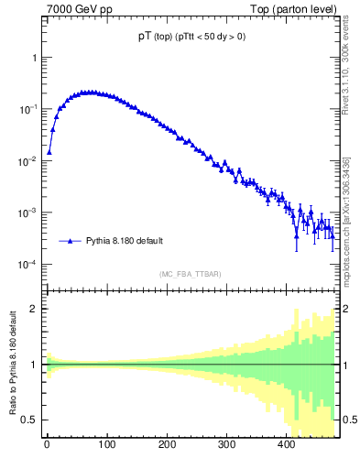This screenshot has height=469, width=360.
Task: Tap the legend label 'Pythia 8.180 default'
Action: [125, 241]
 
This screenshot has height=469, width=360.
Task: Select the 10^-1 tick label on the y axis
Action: [27, 109]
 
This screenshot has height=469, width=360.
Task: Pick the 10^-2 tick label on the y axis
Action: [27, 161]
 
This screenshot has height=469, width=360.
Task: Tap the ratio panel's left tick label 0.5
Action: [28, 420]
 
